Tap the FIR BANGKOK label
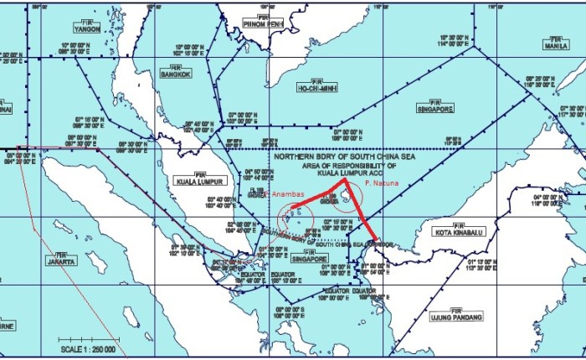pos(176,71)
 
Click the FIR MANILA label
pos(555,43)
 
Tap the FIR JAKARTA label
pos(60,259)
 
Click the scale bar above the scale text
pos(86,339)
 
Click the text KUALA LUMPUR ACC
pos(332,172)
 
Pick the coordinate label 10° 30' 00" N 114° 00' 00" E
pos(455,41)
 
